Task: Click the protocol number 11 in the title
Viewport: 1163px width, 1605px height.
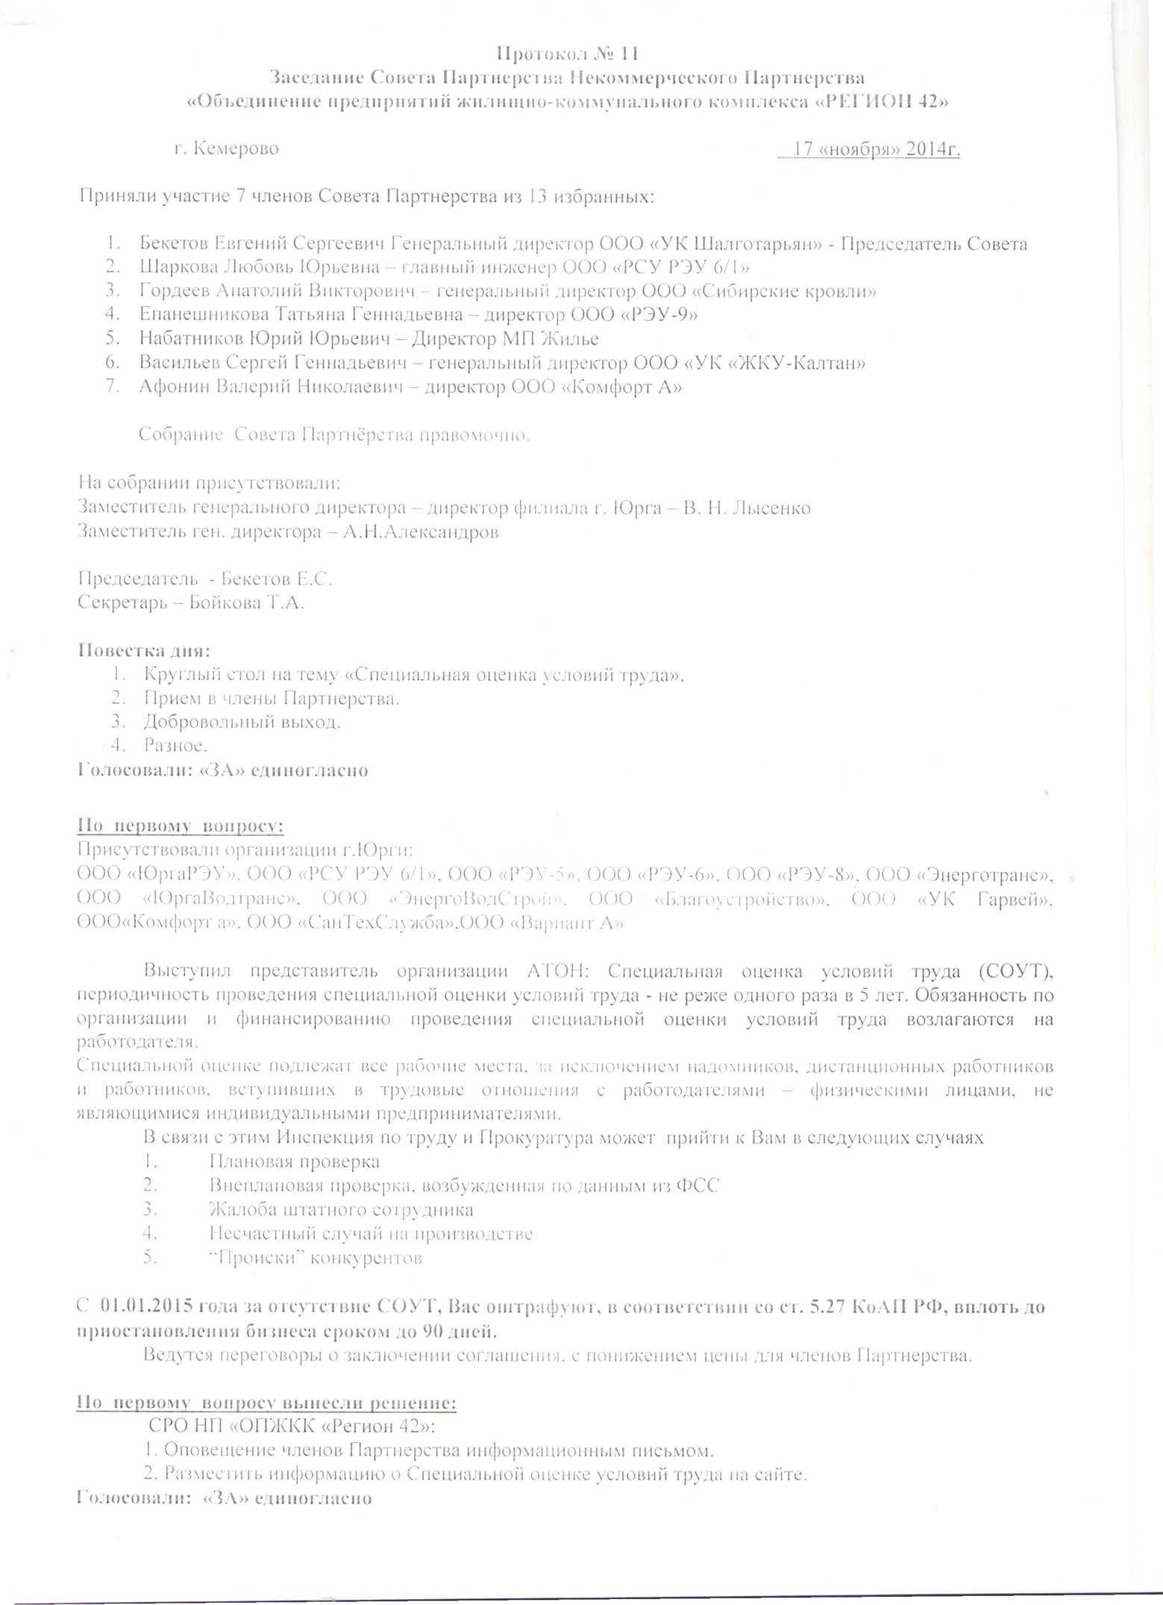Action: (628, 53)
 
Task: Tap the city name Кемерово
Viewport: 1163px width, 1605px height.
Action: (236, 149)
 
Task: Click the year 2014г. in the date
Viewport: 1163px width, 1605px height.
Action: (932, 149)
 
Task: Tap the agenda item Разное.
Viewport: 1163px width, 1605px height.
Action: (175, 745)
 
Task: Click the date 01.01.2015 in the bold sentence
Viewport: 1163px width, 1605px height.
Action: (147, 1307)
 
